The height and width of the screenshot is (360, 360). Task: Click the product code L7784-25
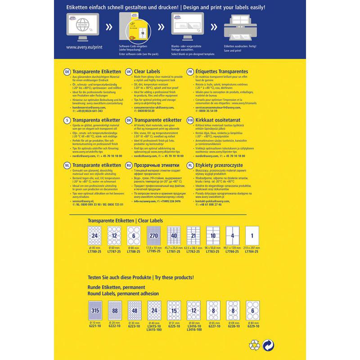coord(252,251)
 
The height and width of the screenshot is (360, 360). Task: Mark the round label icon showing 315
coord(94,310)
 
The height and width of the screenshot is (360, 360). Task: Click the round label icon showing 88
coord(115,310)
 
